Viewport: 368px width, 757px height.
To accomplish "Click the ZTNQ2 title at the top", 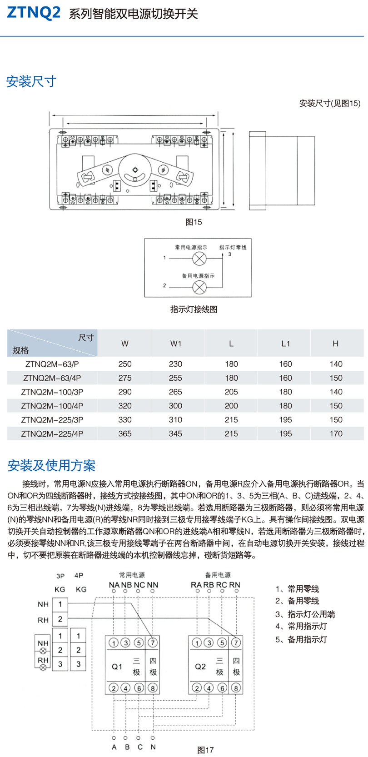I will click(34, 13).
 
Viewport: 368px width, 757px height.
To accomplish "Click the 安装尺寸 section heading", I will click(31, 82).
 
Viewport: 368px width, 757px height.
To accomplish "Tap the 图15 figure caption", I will click(194, 222).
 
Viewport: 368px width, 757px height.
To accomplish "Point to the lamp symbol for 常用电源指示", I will click(199, 259).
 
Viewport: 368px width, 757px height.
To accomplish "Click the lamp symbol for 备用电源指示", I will click(199, 287).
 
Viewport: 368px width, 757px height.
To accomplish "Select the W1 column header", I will click(176, 344).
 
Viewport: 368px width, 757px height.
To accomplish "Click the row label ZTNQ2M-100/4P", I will click(52, 406).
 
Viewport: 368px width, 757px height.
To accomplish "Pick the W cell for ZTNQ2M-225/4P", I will click(125, 433).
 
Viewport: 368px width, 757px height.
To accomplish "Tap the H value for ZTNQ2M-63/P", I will click(336, 364).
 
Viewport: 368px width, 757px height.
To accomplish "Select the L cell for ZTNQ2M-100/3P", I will click(231, 392).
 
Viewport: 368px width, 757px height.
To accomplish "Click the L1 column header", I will click(285, 344).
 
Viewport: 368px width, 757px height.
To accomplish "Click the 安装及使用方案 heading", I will click(51, 465).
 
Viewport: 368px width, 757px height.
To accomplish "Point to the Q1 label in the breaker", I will click(117, 667).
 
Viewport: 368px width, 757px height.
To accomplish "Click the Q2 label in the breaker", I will click(200, 667).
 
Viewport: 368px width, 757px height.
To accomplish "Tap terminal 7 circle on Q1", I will click(153, 642).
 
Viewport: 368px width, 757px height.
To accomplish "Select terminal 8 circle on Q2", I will click(236, 688).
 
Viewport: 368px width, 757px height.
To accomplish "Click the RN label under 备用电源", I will click(234, 585).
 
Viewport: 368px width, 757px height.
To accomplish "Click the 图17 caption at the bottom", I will click(205, 750).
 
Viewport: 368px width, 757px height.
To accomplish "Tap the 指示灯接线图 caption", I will click(194, 309).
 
